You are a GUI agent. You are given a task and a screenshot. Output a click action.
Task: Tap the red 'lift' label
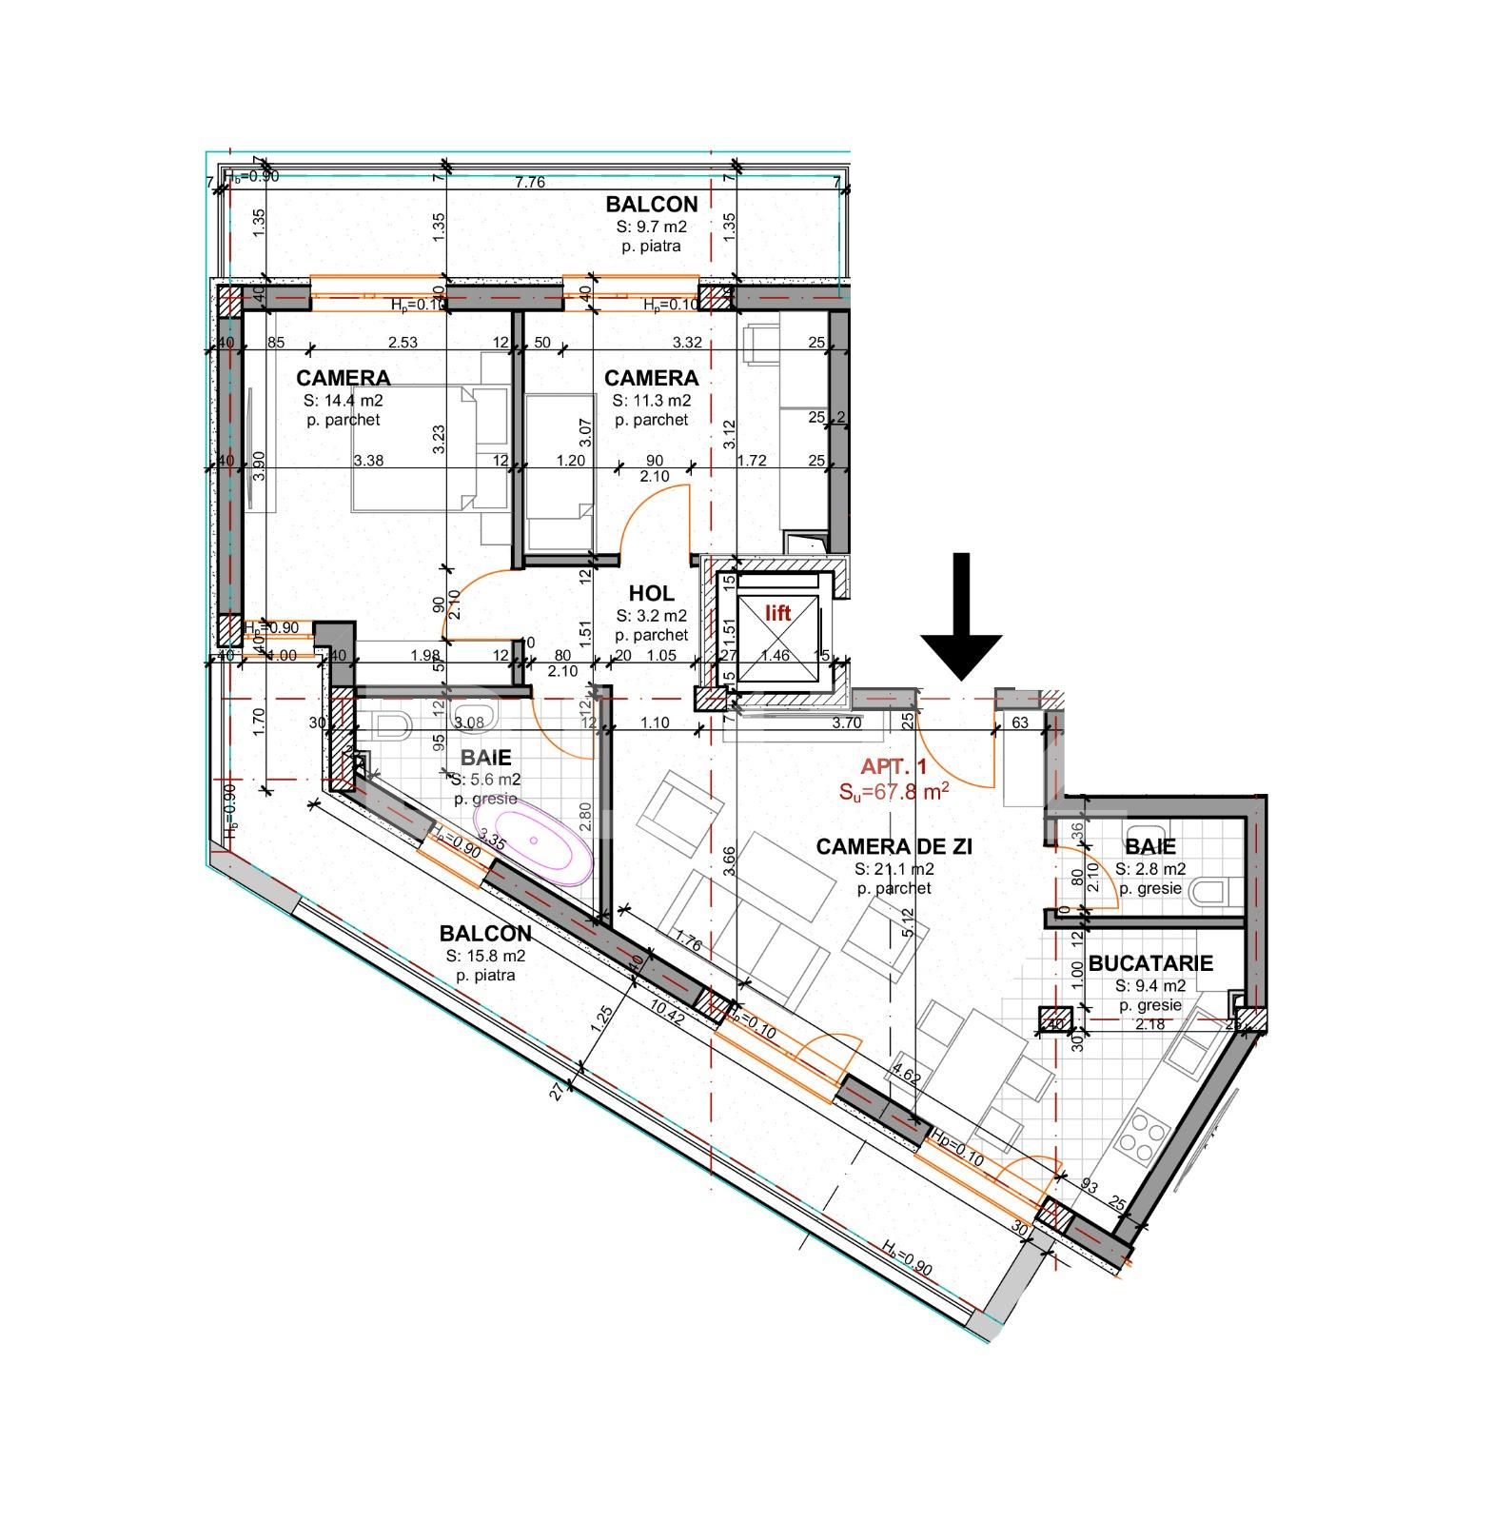[778, 614]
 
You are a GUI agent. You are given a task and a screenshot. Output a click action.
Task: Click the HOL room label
[651, 594]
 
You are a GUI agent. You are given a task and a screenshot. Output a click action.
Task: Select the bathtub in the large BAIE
[533, 841]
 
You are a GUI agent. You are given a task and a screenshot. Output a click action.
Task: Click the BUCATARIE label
[1150, 963]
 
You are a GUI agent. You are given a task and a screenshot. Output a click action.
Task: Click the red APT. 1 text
[894, 766]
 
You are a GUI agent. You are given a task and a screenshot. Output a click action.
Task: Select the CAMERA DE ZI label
[894, 846]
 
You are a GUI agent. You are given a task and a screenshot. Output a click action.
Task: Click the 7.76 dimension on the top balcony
[530, 182]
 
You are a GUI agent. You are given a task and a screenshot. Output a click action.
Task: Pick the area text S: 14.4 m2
[343, 401]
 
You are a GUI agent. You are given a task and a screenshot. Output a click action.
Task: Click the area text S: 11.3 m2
[651, 401]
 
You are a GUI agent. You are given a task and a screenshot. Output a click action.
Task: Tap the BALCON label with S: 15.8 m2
[485, 934]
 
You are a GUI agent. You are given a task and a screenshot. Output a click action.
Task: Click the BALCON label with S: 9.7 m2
[652, 204]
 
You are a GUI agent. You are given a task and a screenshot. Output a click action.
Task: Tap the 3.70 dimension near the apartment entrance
[846, 723]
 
